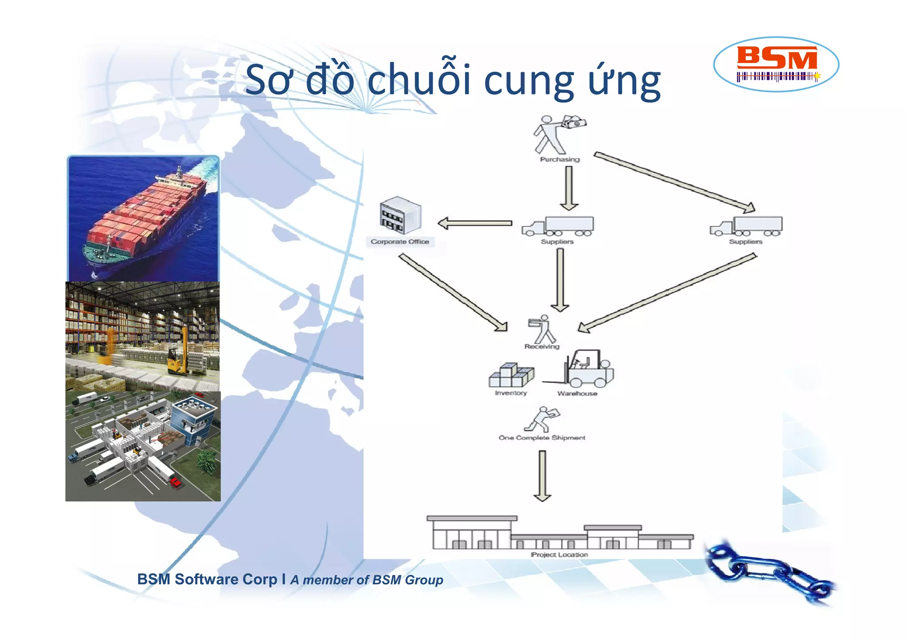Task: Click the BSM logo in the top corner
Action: [x=776, y=64]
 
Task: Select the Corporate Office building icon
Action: [x=400, y=216]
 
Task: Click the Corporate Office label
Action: [x=400, y=242]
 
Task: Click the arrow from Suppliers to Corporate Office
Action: [x=475, y=223]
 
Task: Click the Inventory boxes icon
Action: [x=511, y=375]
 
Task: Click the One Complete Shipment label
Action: [x=542, y=437]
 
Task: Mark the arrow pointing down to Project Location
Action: [x=542, y=475]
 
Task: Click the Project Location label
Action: [x=559, y=555]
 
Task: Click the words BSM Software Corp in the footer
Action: [x=207, y=579]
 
